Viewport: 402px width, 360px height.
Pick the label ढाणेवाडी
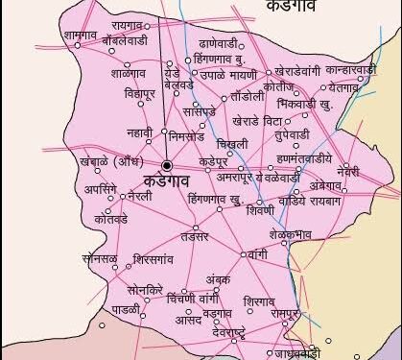click(219, 44)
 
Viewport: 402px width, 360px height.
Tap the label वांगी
click(257, 255)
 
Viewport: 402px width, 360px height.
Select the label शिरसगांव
click(154, 259)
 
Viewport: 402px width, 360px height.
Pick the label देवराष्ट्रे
click(234, 330)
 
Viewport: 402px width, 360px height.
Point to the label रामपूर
click(286, 313)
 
